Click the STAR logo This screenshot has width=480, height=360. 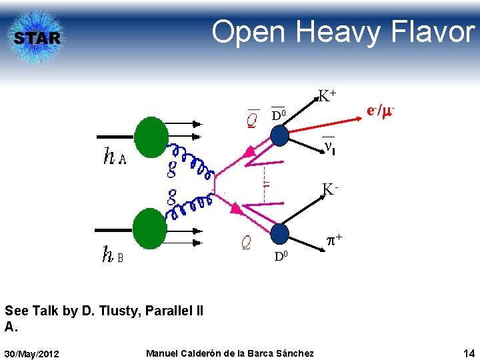pos(37,37)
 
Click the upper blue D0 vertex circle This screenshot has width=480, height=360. pos(279,136)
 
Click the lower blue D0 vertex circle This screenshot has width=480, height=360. pos(280,234)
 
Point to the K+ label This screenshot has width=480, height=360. pos(326,96)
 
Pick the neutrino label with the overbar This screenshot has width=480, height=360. pos(328,145)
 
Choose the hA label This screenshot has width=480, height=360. pos(114,157)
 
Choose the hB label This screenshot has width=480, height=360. pos(112,255)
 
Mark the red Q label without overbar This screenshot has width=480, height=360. pos(246,243)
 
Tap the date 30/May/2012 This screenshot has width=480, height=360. pos(32,353)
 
